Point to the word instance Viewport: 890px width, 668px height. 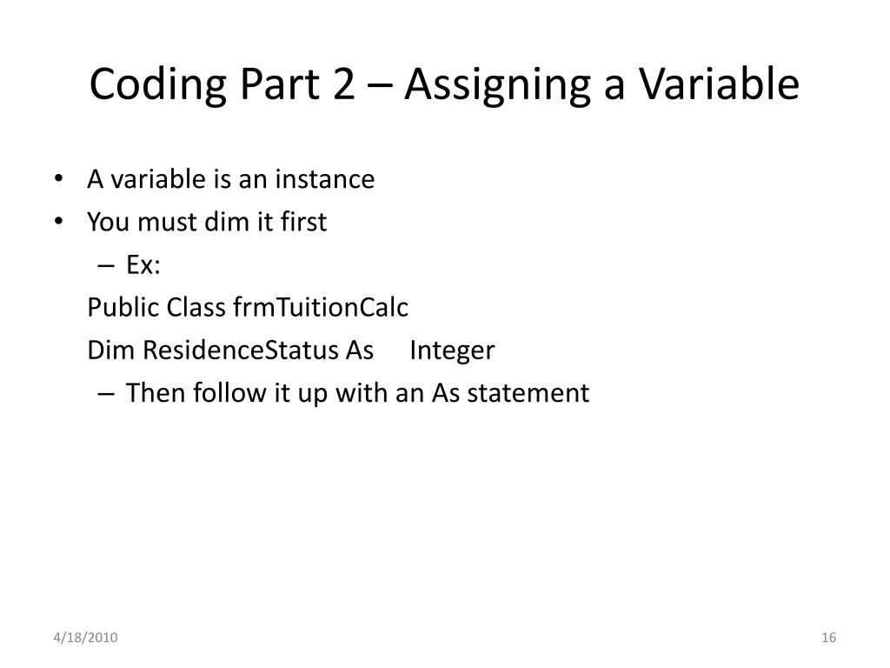coord(325,180)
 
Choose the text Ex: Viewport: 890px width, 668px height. coord(143,265)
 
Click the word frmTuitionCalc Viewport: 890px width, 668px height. coord(321,308)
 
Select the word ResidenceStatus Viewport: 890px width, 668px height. coord(241,351)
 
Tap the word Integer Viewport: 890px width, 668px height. coord(452,351)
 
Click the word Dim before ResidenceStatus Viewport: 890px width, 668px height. coord(111,351)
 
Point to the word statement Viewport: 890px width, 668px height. coord(528,393)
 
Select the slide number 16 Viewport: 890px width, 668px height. coord(828,639)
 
